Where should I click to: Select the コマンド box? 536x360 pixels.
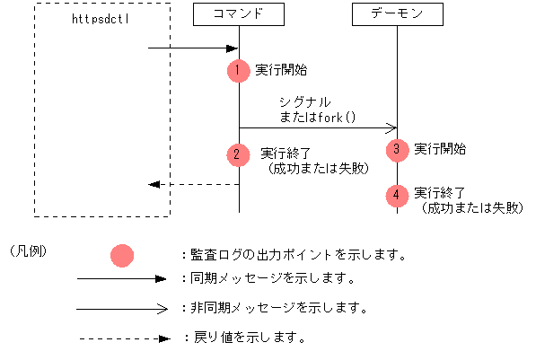(x=239, y=14)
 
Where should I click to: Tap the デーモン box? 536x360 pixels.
(x=398, y=14)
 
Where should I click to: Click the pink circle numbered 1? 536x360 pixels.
(x=238, y=70)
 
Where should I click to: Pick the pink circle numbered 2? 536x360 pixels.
(x=238, y=154)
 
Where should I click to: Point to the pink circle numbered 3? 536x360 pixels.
(x=397, y=150)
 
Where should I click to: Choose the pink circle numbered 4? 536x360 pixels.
(x=397, y=194)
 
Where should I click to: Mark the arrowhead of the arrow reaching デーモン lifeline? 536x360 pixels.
(x=391, y=127)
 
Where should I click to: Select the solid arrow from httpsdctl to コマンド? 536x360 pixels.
(x=192, y=48)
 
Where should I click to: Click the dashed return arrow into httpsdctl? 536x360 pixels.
(x=194, y=184)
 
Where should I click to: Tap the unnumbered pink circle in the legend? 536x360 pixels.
(x=121, y=256)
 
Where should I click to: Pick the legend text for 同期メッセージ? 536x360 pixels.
(x=266, y=278)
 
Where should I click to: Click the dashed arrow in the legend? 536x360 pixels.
(x=124, y=339)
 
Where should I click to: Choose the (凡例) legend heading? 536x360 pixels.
(x=28, y=250)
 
